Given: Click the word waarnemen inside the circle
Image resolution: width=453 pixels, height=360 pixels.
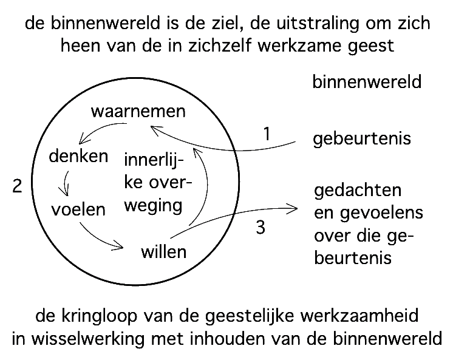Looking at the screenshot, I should coord(138,112).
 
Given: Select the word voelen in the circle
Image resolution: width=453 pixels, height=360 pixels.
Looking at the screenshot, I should coord(78,209).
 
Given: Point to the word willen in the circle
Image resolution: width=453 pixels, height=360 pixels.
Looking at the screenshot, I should coord(163,251).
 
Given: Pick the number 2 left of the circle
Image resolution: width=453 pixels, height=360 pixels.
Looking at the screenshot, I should coord(18,186).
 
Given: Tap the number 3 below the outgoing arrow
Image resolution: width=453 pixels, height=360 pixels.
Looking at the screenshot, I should coord(261,228).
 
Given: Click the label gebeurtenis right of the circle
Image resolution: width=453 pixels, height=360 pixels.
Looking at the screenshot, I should coord(362,139).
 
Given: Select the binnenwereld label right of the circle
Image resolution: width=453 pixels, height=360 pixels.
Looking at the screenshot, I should coord(366,82).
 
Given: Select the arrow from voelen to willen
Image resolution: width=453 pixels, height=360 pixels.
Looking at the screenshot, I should coord(100,237).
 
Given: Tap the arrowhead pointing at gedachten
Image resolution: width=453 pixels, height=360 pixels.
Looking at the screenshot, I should coord(295,209).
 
